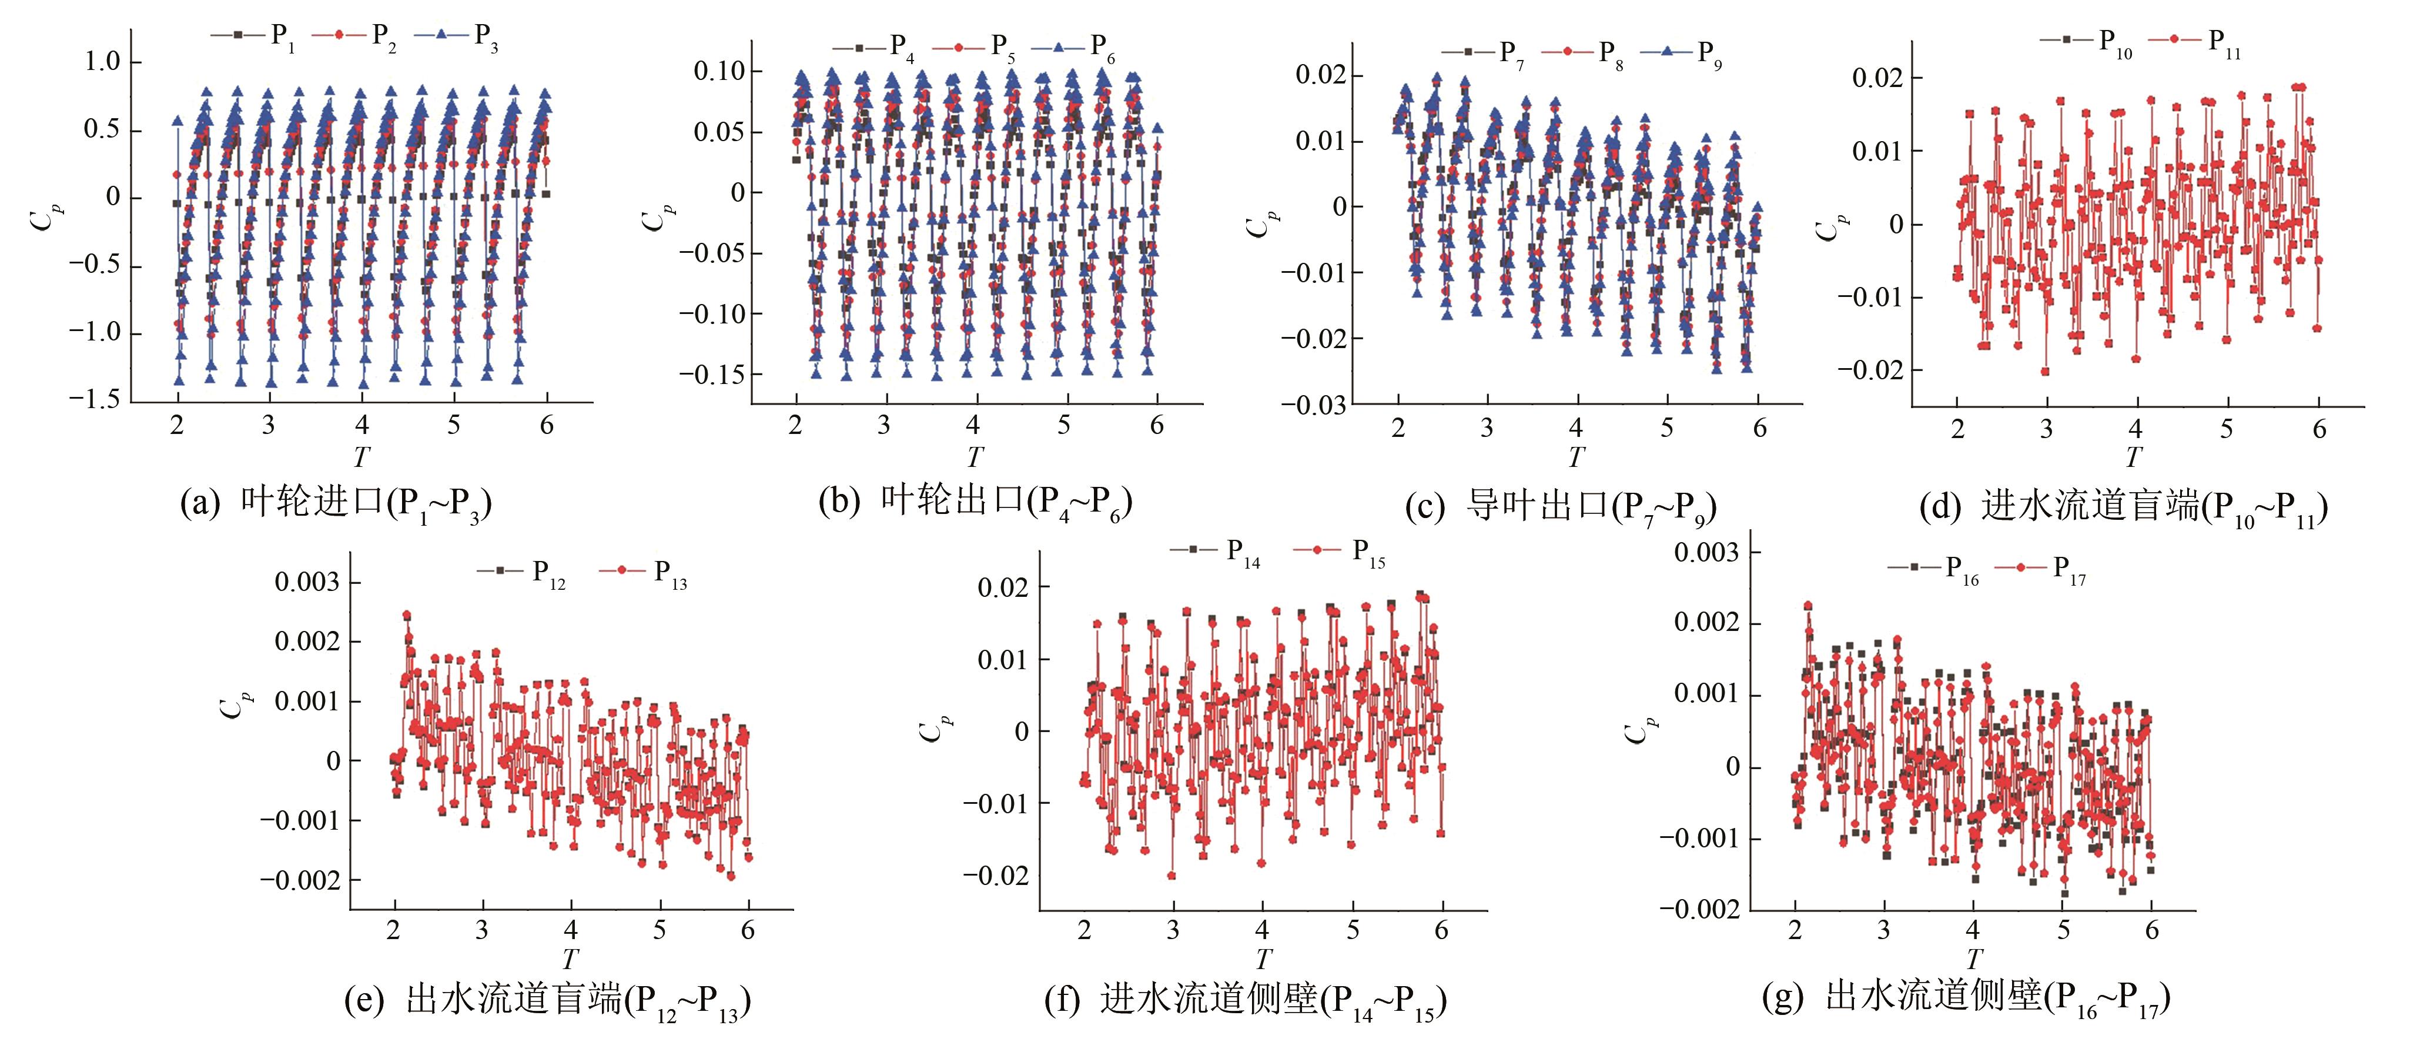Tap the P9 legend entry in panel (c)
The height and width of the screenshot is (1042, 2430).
[x=1682, y=53]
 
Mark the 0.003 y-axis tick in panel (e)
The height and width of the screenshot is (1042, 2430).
[x=307, y=582]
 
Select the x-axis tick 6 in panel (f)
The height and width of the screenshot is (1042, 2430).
[x=1441, y=931]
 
